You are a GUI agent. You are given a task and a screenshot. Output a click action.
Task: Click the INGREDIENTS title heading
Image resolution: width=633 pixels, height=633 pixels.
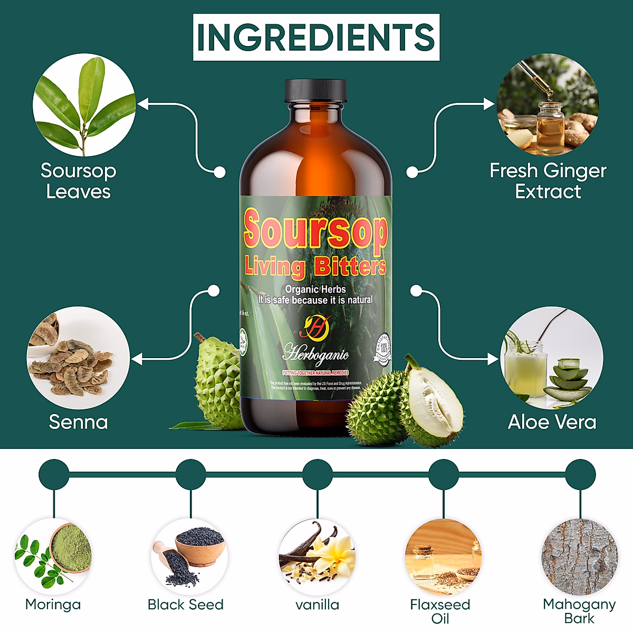(x=316, y=37)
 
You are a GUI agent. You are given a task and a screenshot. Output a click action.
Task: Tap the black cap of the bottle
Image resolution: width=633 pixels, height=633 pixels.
(x=315, y=91)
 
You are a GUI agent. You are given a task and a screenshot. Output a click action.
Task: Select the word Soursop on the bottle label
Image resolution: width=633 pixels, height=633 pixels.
(x=315, y=229)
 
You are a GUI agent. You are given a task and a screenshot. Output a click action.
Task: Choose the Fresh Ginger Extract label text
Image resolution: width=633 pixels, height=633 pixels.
(x=548, y=181)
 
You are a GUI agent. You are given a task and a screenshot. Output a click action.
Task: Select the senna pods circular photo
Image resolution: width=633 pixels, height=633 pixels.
(x=78, y=358)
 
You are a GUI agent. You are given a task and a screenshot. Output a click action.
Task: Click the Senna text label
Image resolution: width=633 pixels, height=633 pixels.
(x=78, y=422)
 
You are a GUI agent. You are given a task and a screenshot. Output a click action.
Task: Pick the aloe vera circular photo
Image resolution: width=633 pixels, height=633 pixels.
(x=551, y=358)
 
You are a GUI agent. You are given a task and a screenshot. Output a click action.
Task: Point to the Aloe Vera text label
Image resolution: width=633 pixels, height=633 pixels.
(x=552, y=422)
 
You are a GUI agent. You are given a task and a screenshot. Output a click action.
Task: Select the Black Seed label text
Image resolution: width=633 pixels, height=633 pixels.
(x=186, y=605)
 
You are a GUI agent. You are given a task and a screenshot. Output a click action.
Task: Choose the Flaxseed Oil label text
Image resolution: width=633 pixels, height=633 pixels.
(x=440, y=611)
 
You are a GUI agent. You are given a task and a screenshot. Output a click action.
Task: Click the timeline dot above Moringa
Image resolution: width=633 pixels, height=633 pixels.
(x=54, y=474)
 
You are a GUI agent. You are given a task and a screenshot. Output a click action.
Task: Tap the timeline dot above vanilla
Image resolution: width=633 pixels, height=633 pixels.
(x=317, y=474)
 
